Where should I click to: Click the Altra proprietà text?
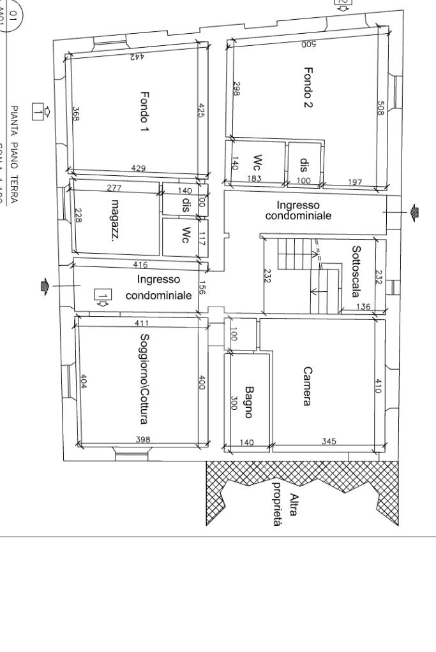285,504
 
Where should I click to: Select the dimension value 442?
137,57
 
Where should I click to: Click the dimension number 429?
138,168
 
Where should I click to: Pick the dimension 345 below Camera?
329,441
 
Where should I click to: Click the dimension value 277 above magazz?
114,187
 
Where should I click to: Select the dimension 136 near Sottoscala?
363,307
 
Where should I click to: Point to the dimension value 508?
380,107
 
